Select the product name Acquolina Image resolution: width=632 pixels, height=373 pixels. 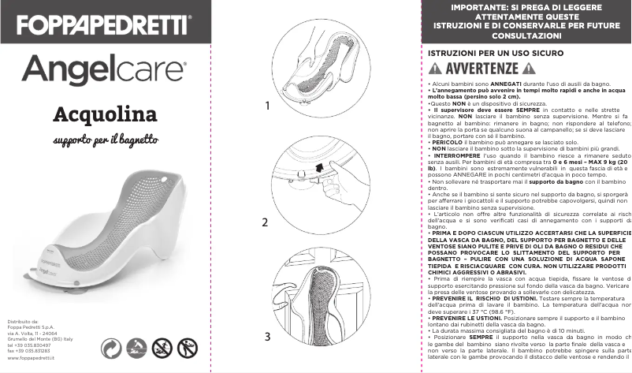tap(105, 115)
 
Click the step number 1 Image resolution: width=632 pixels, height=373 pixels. tap(268, 105)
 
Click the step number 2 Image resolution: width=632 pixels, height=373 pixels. tap(266, 222)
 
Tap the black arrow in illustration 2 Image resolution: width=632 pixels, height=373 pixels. tap(319, 168)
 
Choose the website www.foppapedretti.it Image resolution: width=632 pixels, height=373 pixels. tap(32, 358)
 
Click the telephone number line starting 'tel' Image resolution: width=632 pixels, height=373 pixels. tap(28, 345)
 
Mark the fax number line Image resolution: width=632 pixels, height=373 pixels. tap(28, 352)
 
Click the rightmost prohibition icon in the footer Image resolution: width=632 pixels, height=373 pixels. tap(188, 347)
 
